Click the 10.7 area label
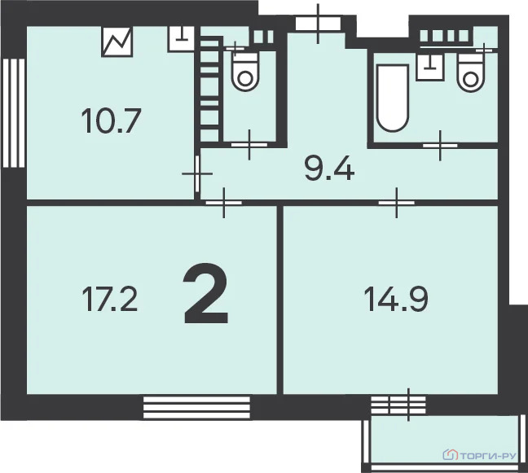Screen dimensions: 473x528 click(112, 122)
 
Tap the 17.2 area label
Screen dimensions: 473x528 click(109, 300)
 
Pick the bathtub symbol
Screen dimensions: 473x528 click(391, 98)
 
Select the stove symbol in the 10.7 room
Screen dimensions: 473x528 click(117, 42)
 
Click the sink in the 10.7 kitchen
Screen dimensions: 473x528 click(180, 37)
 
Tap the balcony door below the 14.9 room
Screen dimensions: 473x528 click(398, 403)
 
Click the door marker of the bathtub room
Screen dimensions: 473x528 click(440, 145)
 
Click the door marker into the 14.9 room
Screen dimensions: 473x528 click(397, 200)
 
